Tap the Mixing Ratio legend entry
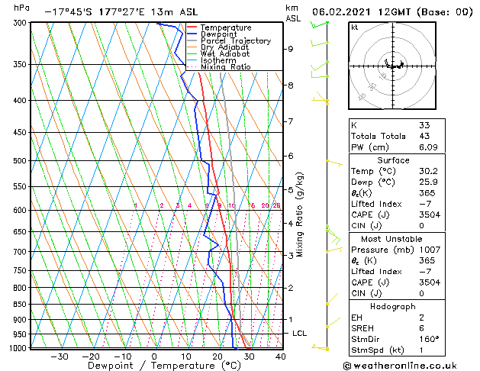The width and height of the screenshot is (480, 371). coord(226,67)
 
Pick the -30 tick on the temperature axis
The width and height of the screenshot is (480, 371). coord(60,356)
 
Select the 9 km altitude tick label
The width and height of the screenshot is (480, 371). coord(291,49)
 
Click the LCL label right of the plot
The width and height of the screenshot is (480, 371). coord(300,334)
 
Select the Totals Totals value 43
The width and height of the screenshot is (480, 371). coord(425,136)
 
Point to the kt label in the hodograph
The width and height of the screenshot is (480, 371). coord(355,27)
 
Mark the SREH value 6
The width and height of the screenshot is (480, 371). coord(422,327)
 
